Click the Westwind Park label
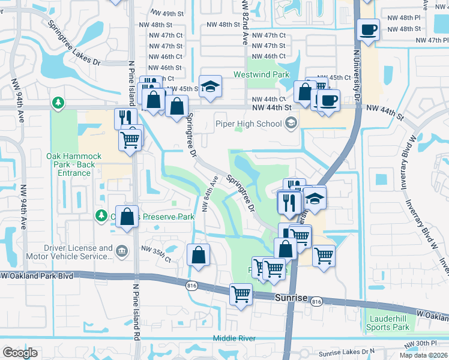261,75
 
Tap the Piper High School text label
249,124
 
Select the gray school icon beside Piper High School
291,124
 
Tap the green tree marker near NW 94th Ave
58,103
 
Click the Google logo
20,353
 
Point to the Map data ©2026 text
423,355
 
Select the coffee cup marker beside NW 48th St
368,29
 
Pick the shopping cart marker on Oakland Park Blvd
241,294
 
